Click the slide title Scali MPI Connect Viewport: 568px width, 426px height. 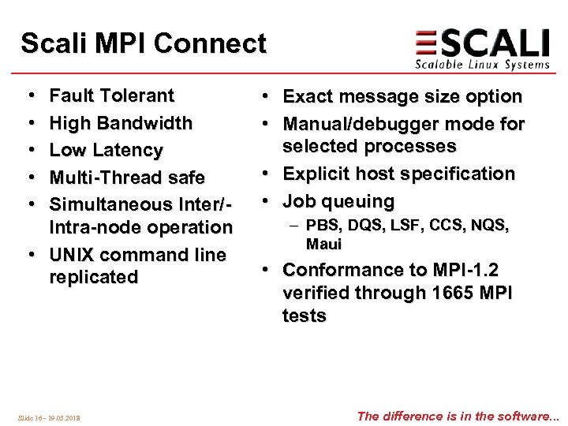click(x=144, y=43)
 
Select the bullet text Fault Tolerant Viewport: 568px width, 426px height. click(x=111, y=96)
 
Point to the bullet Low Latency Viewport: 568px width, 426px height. click(x=106, y=150)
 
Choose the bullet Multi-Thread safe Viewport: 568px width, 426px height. click(x=126, y=177)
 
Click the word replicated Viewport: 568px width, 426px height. click(x=93, y=278)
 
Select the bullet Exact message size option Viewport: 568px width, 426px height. click(x=402, y=97)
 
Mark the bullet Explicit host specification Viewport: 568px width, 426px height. click(x=398, y=174)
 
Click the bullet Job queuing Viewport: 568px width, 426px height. click(x=338, y=201)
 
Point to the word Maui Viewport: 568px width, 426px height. click(x=323, y=245)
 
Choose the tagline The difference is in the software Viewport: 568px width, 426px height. click(x=458, y=416)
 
